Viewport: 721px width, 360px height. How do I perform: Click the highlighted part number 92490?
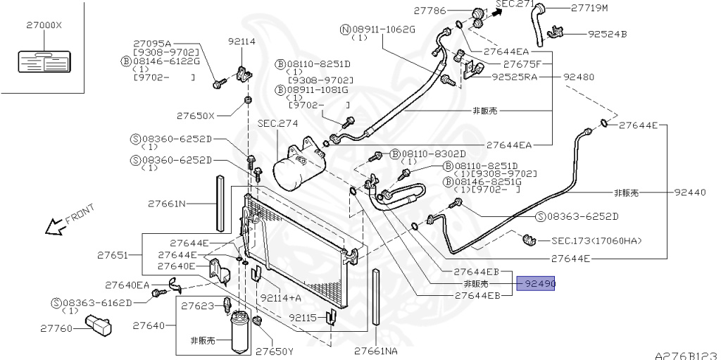[x=537, y=284]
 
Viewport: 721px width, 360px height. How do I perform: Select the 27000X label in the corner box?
[x=40, y=25]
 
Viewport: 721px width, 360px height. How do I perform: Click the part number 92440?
[x=689, y=192]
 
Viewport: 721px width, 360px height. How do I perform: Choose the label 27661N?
[x=166, y=204]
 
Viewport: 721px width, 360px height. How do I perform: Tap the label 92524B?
[x=608, y=33]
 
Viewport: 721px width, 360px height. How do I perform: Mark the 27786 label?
[x=432, y=11]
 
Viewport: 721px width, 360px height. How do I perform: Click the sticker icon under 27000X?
[x=41, y=61]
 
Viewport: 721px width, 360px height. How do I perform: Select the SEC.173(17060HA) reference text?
[x=596, y=241]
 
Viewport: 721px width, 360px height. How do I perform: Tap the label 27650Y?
[x=274, y=350]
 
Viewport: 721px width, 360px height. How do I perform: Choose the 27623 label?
[x=197, y=306]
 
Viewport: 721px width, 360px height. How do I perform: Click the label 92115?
[x=303, y=317]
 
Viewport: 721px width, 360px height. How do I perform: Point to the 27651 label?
[x=112, y=255]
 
